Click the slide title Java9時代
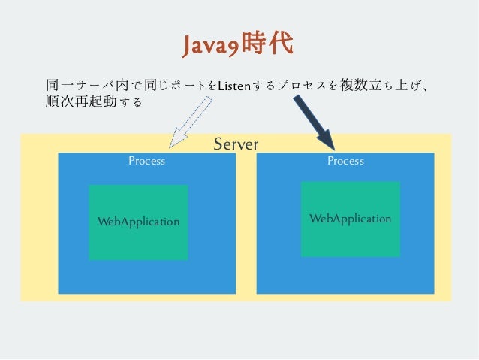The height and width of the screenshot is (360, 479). pyautogui.click(x=238, y=44)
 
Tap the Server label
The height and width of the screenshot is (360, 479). pyautogui.click(x=236, y=144)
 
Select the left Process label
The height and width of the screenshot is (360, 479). pyautogui.click(x=146, y=161)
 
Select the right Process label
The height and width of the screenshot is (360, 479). pyautogui.click(x=345, y=161)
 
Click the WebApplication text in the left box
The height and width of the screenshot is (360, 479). pyautogui.click(x=138, y=222)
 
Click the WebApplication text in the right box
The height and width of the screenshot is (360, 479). pyautogui.click(x=350, y=219)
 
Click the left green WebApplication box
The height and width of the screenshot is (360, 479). pyautogui.click(x=138, y=241)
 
